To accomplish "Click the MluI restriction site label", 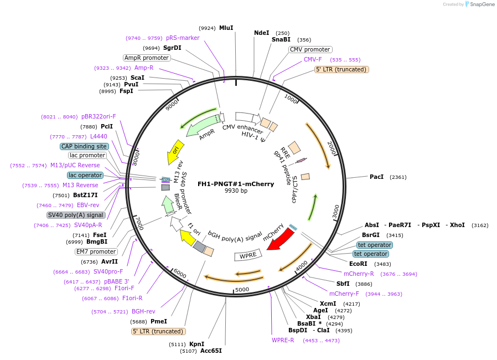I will pyautogui.click(x=226, y=28).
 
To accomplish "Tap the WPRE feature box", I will pyautogui.click(x=246, y=256).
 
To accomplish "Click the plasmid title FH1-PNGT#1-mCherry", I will pyautogui.click(x=236, y=184).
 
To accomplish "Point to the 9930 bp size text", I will pyautogui.click(x=236, y=191).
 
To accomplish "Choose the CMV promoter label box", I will pyautogui.click(x=310, y=50).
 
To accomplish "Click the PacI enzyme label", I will pyautogui.click(x=377, y=177).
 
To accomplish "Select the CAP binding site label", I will pyautogui.click(x=84, y=146).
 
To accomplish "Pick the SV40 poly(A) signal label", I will pyautogui.click(x=76, y=215).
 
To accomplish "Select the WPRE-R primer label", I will pyautogui.click(x=283, y=340).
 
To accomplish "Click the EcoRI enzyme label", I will pyautogui.click(x=358, y=264).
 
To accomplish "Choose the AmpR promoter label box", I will pyautogui.click(x=146, y=58).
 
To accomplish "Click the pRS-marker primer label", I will pyautogui.click(x=183, y=38).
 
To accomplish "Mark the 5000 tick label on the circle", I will pyautogui.click(x=242, y=289).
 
